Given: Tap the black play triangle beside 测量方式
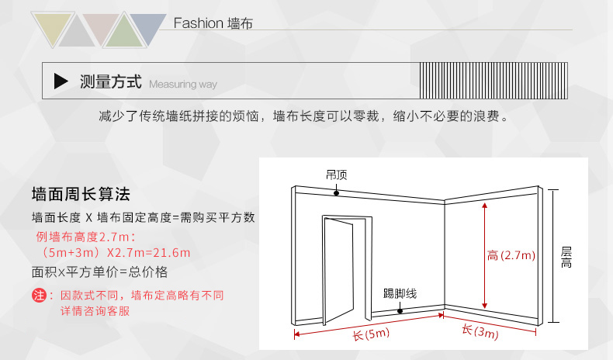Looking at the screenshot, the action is coord(61,81).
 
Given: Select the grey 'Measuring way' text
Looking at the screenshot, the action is coord(183,84).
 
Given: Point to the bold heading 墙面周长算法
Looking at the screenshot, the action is coord(81,193).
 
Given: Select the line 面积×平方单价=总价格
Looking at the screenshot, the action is coord(99,272).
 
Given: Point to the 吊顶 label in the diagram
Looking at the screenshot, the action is coord(336,175).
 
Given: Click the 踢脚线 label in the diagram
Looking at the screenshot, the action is coord(400,294).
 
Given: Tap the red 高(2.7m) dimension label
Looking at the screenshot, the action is coord(512,255).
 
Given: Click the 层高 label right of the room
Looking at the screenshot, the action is coord(566,258).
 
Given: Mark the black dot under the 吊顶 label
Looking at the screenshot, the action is coord(336,192).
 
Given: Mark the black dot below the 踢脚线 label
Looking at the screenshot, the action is coord(400,310).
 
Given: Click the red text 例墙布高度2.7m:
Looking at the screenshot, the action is coord(84,236).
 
